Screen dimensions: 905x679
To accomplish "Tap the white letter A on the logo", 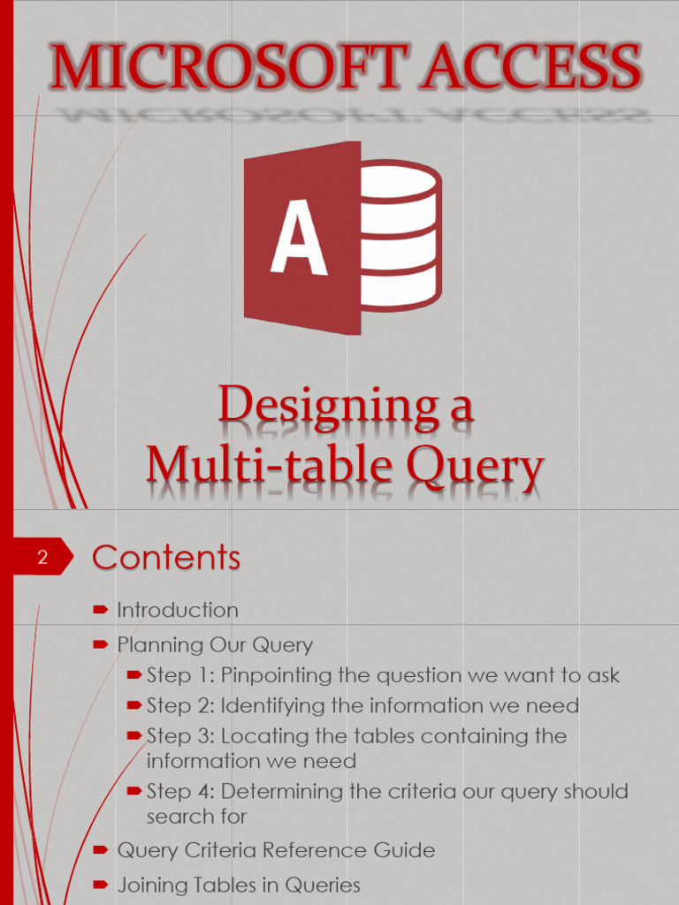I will point(298,239).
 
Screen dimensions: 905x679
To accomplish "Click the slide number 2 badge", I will point(42,558).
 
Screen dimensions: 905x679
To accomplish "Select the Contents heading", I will point(166,558).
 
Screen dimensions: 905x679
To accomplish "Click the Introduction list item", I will point(178,610).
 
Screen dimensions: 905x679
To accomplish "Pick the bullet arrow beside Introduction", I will point(100,609).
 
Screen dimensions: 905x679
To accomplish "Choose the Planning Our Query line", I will point(215,645).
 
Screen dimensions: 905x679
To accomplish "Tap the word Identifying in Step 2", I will point(276,706).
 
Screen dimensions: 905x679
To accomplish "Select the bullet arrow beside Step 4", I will point(134,790).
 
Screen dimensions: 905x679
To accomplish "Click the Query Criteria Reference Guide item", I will point(276,851).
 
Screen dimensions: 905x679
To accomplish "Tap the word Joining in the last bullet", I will point(151,885).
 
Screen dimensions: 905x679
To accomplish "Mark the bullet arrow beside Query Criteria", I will point(100,850).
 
